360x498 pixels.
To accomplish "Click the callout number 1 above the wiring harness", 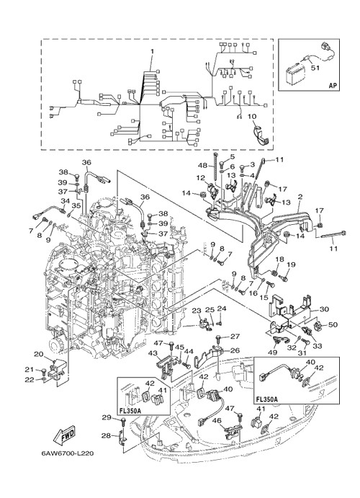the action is [x=152, y=51].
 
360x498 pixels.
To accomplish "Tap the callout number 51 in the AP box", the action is [x=315, y=68].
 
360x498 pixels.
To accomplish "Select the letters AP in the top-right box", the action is [x=332, y=85].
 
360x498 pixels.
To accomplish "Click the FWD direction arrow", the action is [x=65, y=434].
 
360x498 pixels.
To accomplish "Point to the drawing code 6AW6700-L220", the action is [x=67, y=453].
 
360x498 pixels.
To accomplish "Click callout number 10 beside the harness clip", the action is [x=251, y=116].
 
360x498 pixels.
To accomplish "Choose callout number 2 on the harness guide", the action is [x=299, y=197].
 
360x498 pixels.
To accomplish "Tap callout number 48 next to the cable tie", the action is [x=202, y=165].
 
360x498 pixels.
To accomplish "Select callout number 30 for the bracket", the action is [x=325, y=308].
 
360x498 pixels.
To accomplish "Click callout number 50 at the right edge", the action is [x=333, y=324].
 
